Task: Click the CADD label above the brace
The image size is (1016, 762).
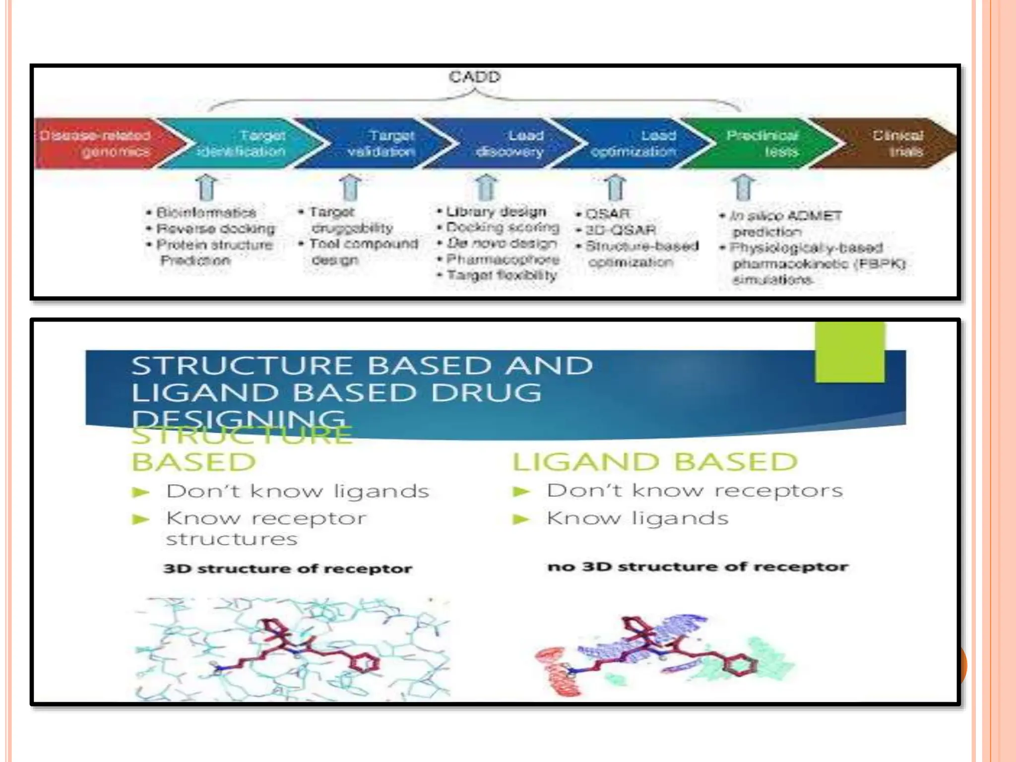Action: point(475,77)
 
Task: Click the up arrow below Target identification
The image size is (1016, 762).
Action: point(207,188)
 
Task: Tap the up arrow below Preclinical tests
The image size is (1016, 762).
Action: point(743,188)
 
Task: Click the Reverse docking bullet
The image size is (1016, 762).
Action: point(215,229)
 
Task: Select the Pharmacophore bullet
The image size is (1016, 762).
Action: point(503,259)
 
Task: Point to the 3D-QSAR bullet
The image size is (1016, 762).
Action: point(620,230)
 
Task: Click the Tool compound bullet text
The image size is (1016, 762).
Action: point(364,244)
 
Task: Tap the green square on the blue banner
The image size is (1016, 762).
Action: point(849,352)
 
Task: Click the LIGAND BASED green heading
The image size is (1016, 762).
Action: point(655,462)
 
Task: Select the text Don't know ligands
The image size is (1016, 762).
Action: point(298,491)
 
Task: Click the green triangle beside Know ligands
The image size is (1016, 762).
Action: point(521,519)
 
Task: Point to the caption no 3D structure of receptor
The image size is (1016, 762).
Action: point(698,567)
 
